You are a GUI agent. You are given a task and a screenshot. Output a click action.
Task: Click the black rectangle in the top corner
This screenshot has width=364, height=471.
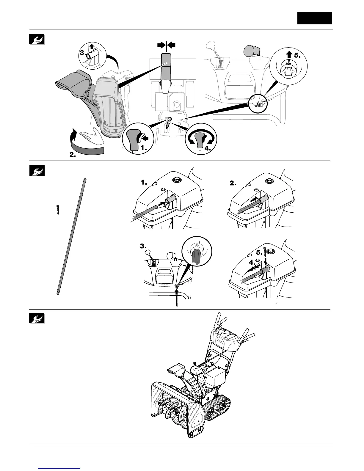315,18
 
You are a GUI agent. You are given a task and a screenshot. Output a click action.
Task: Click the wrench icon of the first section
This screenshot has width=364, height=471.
37,39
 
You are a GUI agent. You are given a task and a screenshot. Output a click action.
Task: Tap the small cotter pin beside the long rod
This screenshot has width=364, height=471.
58,210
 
